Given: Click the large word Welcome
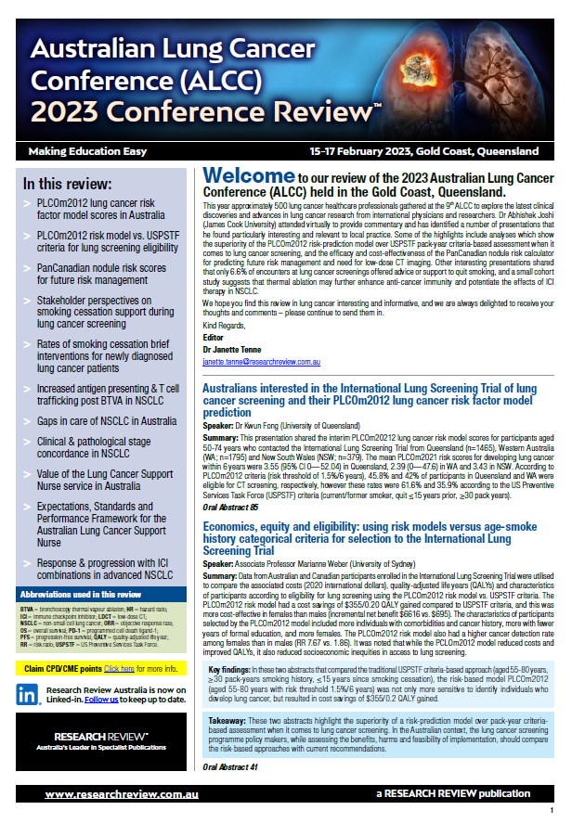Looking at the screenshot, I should pyautogui.click(x=248, y=174).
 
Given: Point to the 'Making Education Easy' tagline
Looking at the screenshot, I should pyautogui.click(x=82, y=150).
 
